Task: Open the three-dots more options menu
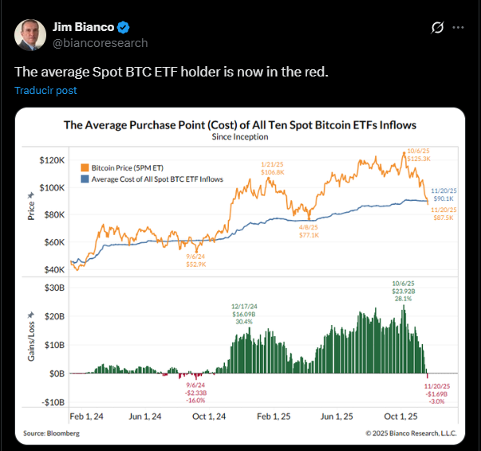458,28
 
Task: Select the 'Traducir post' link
45,90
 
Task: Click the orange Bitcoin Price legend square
85,168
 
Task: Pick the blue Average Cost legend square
85,179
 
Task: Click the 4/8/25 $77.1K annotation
309,230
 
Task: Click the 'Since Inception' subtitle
239,136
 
